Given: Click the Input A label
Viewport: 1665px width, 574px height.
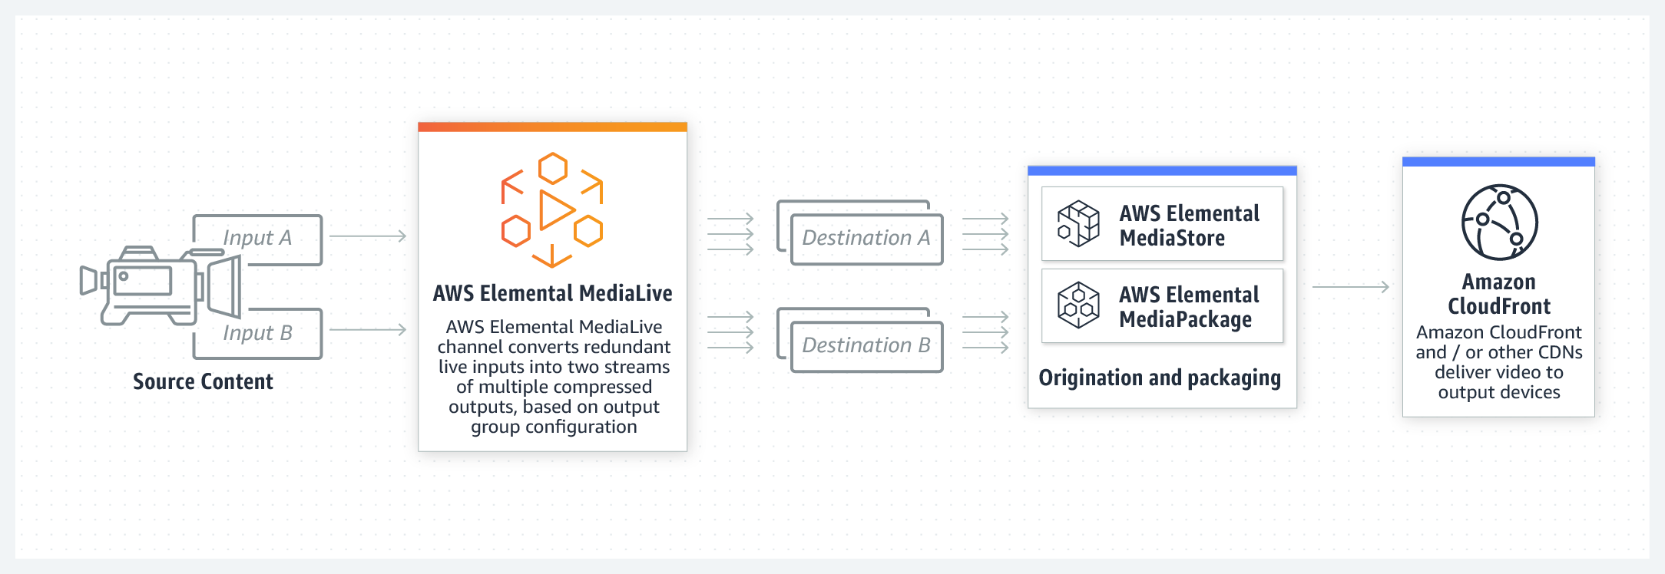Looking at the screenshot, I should tap(257, 238).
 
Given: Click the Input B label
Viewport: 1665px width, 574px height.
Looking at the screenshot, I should tap(257, 333).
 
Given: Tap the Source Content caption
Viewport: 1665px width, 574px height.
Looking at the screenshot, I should tap(203, 381).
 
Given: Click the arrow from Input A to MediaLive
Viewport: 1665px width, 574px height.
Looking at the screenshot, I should tap(367, 236).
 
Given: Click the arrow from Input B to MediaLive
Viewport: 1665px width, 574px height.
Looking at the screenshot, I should tap(367, 330).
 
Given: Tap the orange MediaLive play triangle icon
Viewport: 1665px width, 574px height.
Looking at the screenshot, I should tap(556, 209).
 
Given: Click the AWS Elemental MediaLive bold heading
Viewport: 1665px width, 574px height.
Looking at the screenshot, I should tap(552, 293).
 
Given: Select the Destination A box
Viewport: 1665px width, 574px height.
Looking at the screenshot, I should tap(866, 238).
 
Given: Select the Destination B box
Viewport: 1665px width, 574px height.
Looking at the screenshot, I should tap(866, 345).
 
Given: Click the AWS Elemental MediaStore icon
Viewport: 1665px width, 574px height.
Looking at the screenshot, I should tap(1078, 223).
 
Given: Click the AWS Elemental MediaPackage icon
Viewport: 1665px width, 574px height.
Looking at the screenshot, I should tap(1078, 305).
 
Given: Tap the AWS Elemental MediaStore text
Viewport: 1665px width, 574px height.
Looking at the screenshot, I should tap(1189, 225).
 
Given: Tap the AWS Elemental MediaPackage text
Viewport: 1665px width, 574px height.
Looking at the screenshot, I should tap(1189, 306).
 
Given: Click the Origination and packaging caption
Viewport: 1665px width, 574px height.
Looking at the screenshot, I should tap(1160, 378).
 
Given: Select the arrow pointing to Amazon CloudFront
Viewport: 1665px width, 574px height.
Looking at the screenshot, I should tap(1350, 287).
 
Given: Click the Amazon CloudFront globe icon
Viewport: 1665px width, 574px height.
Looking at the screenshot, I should tap(1499, 223).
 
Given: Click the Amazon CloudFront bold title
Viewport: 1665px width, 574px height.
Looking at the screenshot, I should tap(1499, 294).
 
